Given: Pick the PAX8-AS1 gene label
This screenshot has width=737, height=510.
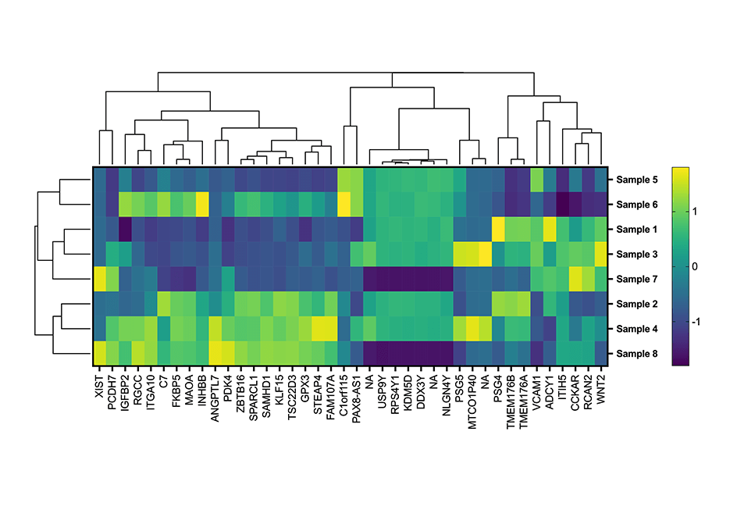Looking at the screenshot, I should pyautogui.click(x=357, y=394).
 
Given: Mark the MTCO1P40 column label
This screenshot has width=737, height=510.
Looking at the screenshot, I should pyautogui.click(x=472, y=395).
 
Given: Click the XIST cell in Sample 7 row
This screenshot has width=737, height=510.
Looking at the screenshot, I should pyautogui.click(x=100, y=279).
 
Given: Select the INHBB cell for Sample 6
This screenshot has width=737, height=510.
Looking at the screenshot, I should pyautogui.click(x=202, y=205).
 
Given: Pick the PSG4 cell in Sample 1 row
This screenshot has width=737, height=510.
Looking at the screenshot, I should pyautogui.click(x=498, y=230).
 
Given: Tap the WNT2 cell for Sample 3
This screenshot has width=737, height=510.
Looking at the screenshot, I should pyautogui.click(x=600, y=255).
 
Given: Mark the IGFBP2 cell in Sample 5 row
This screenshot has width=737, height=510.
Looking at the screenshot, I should pyautogui.click(x=125, y=180).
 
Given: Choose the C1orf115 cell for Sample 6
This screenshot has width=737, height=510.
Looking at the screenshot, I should pyautogui.click(x=344, y=205).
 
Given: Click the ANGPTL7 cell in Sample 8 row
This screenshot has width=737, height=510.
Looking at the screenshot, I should pyautogui.click(x=215, y=354).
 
